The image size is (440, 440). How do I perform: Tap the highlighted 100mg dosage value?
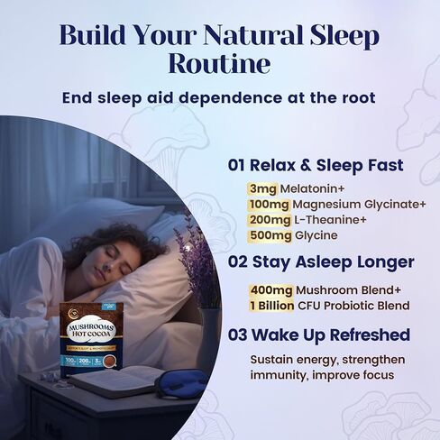click(x=268, y=205)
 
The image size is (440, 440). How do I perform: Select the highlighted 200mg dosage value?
click(x=268, y=220)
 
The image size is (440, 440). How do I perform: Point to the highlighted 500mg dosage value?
click(x=268, y=235)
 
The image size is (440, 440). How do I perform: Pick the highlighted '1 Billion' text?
click(x=273, y=305)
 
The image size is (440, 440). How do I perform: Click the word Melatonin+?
click(x=311, y=188)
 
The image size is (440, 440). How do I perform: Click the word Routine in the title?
click(x=219, y=64)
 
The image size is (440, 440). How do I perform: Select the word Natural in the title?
click(x=241, y=34)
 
